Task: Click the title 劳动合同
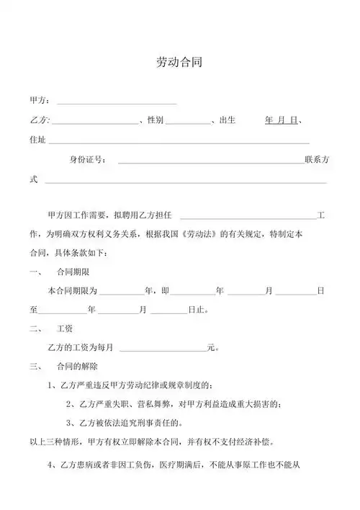click(179, 62)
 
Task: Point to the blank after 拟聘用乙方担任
click(248, 217)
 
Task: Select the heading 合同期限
click(73, 272)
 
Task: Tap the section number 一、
click(35, 272)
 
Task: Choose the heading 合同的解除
click(76, 367)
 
